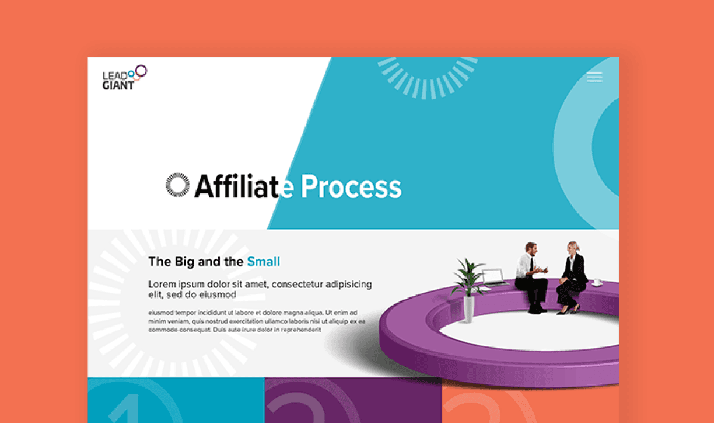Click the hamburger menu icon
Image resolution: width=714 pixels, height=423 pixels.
click(x=594, y=77)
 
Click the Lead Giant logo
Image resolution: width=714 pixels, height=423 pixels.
click(x=125, y=77)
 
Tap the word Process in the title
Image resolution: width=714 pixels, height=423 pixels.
click(x=351, y=187)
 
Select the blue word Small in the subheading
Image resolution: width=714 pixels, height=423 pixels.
click(x=263, y=262)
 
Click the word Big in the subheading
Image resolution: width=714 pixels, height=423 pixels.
click(x=184, y=262)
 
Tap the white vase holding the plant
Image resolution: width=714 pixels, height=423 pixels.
click(x=468, y=308)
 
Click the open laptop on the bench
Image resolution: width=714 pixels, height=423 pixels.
click(x=494, y=277)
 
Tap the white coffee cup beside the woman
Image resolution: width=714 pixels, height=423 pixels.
click(x=597, y=283)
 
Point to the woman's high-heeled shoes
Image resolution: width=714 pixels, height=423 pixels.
click(x=569, y=310)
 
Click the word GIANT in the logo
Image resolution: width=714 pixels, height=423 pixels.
click(x=118, y=85)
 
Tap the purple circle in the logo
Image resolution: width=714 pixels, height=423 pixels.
click(x=141, y=71)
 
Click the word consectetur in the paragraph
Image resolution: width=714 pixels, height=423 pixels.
click(x=297, y=284)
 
